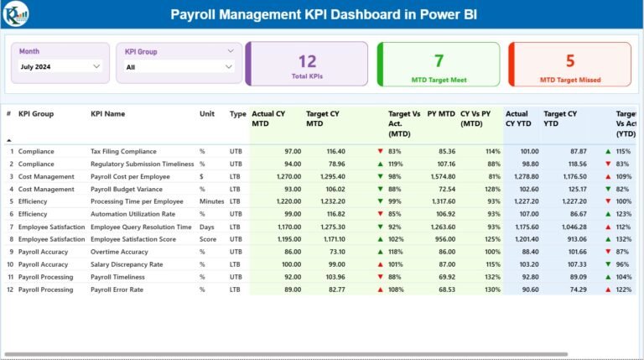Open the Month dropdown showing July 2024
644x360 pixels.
(61, 66)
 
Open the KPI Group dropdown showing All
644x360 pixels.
(179, 66)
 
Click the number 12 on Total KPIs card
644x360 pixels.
(308, 60)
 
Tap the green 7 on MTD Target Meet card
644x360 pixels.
(439, 60)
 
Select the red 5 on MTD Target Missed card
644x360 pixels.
(570, 60)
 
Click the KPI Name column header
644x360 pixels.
(108, 114)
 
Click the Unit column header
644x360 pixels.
(206, 114)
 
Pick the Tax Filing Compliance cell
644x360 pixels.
(123, 152)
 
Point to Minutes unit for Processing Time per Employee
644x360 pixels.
(211, 202)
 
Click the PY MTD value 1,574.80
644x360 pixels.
(442, 177)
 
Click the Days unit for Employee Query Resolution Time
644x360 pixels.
(206, 227)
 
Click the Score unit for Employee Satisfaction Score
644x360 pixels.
(208, 240)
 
